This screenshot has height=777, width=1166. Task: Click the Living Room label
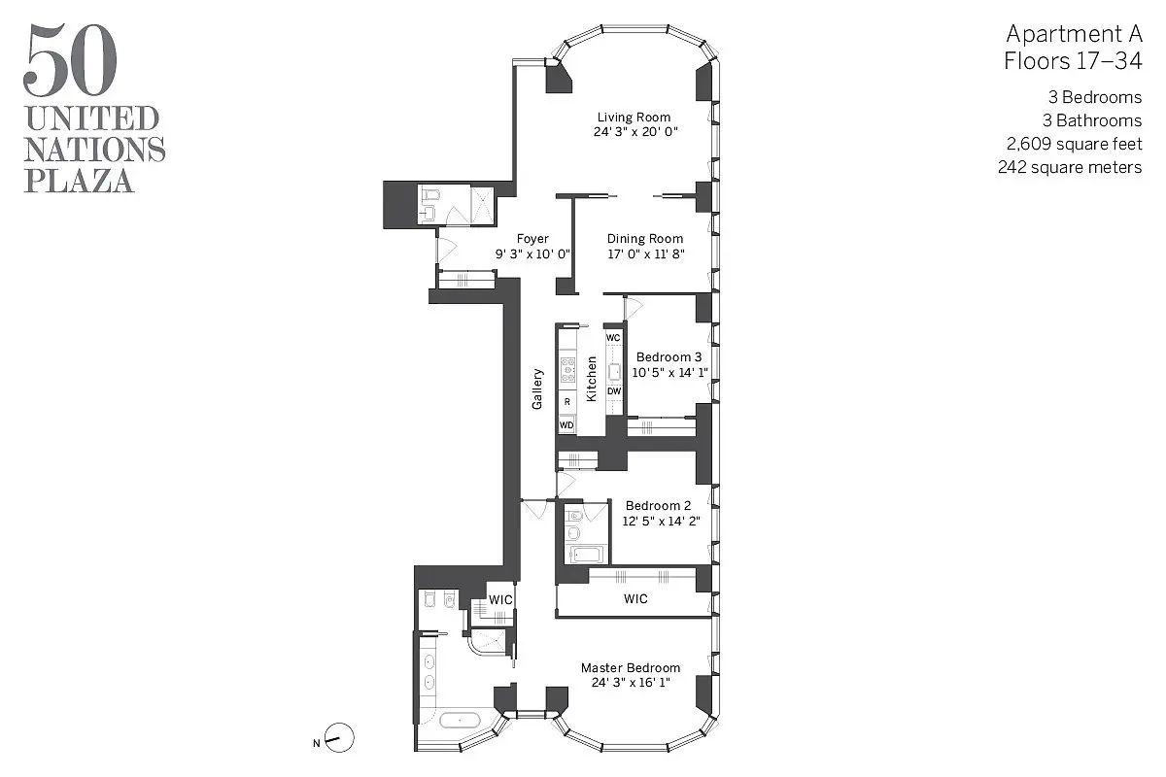pyautogui.click(x=634, y=118)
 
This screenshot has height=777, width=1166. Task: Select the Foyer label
pyautogui.click(x=532, y=239)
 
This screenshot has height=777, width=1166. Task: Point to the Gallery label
pyautogui.click(x=537, y=388)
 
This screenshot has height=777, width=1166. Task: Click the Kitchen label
pyautogui.click(x=591, y=379)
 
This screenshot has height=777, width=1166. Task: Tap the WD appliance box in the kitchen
pyautogui.click(x=566, y=424)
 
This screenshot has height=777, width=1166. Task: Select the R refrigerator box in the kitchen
pyautogui.click(x=566, y=401)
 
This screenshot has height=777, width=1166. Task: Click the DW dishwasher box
pyautogui.click(x=613, y=391)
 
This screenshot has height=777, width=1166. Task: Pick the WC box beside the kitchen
pyautogui.click(x=613, y=337)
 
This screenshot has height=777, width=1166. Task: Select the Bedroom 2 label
pyautogui.click(x=658, y=506)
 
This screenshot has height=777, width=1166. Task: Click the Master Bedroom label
pyautogui.click(x=631, y=668)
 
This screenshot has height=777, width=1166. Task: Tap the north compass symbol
pyautogui.click(x=339, y=739)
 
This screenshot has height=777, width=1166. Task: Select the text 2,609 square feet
pyautogui.click(x=1074, y=144)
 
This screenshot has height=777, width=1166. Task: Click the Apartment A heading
pyautogui.click(x=1073, y=34)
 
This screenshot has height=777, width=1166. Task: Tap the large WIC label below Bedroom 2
pyautogui.click(x=635, y=599)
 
